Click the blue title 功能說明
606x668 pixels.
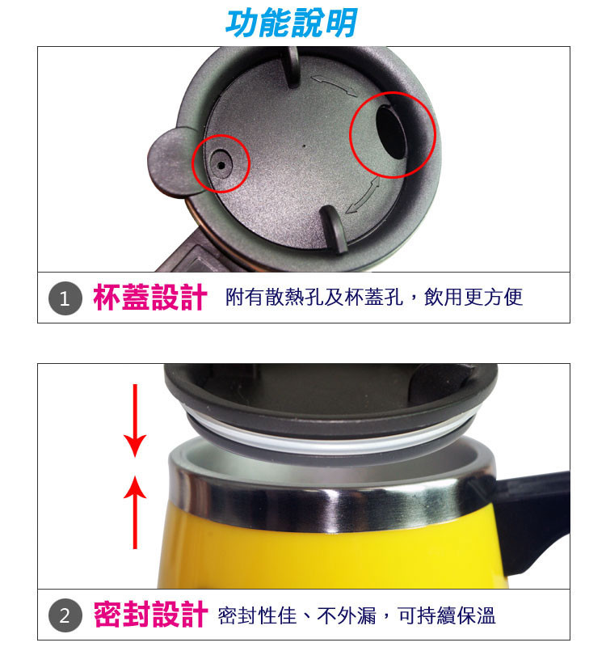coord(291,23)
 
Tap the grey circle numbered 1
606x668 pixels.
coord(65,298)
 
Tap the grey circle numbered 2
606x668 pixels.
coord(65,615)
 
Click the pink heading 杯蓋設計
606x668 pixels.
coord(150,298)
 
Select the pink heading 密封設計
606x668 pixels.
coord(150,615)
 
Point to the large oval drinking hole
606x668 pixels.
coord(392,133)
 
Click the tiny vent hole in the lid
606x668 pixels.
coord(221,165)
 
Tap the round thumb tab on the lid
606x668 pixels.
coord(171,163)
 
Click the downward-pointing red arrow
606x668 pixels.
coord(135,421)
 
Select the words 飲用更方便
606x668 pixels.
coord(473,298)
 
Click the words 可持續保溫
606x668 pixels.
coord(446,616)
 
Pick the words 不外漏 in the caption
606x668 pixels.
coord(347,616)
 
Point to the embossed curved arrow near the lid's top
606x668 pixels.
coord(335,85)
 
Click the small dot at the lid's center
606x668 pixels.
coord(304,146)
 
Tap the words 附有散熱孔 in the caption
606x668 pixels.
coord(275,298)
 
